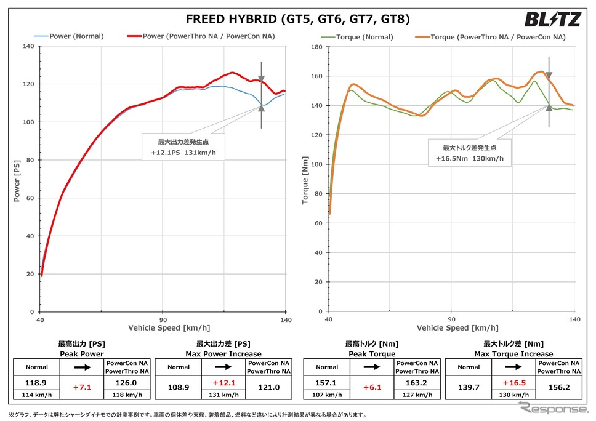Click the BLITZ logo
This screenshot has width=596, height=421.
click(x=552, y=20)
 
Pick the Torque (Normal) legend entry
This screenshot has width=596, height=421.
click(x=365, y=37)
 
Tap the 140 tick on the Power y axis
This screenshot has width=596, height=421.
click(x=30, y=46)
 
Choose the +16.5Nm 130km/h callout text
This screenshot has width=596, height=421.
click(x=470, y=158)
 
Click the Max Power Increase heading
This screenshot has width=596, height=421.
click(x=223, y=354)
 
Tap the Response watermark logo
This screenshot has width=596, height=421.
click(x=552, y=408)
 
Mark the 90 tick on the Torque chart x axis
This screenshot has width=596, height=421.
click(x=451, y=319)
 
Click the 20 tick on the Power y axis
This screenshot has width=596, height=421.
click(x=31, y=274)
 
